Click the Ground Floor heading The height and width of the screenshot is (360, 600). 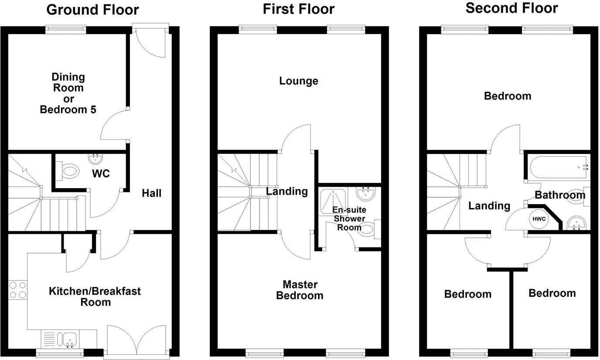pyautogui.click(x=92, y=10)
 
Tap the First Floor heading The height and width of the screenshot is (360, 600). pyautogui.click(x=299, y=9)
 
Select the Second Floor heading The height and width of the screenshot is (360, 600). pyautogui.click(x=511, y=8)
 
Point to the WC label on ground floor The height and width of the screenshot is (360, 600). pyautogui.click(x=101, y=173)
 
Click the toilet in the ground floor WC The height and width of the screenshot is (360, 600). pyautogui.click(x=69, y=171)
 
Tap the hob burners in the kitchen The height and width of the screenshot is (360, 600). pyautogui.click(x=17, y=290)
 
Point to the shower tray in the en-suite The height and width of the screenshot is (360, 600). pyautogui.click(x=334, y=201)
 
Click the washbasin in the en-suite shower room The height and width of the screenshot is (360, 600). pyautogui.click(x=365, y=193)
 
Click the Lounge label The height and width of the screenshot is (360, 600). pyautogui.click(x=299, y=81)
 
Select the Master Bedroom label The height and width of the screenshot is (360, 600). pyautogui.click(x=300, y=290)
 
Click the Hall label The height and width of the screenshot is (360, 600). pyautogui.click(x=151, y=193)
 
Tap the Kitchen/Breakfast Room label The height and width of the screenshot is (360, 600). pyautogui.click(x=95, y=296)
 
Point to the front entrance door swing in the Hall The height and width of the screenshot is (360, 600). pyautogui.click(x=149, y=44)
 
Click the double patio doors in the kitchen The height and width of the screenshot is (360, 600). pyautogui.click(x=136, y=340)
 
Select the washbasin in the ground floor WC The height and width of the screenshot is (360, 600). pyautogui.click(x=95, y=158)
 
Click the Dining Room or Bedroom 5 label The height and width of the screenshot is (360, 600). pyautogui.click(x=68, y=93)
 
